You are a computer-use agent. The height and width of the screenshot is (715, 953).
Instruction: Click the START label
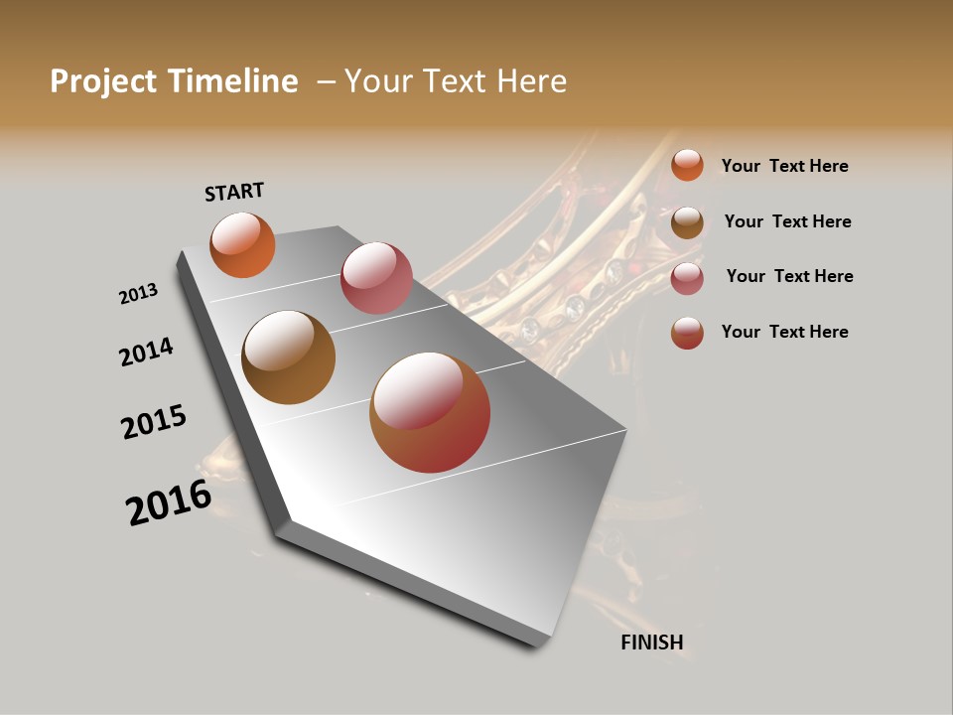234,192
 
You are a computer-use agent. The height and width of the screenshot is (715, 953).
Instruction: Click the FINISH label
651,643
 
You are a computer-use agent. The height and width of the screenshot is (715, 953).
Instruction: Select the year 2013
138,293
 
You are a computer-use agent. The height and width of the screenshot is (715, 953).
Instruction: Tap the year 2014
146,353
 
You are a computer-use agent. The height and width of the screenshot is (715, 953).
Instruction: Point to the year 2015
154,422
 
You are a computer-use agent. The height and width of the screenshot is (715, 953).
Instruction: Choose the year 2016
169,502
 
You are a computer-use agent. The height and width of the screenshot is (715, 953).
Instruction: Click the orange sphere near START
242,244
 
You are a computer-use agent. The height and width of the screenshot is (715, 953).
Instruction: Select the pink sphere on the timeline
376,278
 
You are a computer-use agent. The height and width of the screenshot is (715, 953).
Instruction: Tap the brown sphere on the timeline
288,357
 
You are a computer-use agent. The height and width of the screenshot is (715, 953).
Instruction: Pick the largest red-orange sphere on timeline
430,412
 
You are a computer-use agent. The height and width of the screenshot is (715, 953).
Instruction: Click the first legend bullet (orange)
687,165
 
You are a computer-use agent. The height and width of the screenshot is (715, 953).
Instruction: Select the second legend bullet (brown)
687,222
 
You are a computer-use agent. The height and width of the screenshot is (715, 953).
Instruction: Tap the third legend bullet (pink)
687,278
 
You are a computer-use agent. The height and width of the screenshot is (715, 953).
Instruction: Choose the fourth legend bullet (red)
687,333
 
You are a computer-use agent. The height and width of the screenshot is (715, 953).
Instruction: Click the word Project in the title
104,81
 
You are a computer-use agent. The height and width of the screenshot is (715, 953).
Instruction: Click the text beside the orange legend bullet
784,166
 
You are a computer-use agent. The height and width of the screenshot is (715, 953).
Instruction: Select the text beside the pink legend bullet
789,276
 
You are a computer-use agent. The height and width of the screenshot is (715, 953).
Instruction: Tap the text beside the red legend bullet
784,332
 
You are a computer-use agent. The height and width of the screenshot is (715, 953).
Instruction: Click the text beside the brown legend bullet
787,221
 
